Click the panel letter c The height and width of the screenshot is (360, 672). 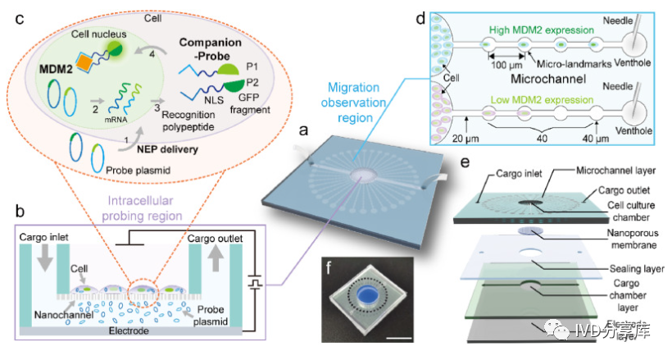point(16,19)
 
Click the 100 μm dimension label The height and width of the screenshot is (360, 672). point(505,64)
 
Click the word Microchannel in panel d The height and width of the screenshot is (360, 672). point(547,80)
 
